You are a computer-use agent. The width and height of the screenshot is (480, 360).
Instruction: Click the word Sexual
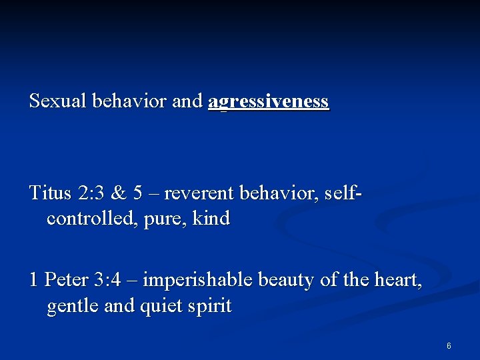[x=58, y=101]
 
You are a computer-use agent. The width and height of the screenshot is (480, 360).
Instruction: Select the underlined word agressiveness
[x=269, y=102]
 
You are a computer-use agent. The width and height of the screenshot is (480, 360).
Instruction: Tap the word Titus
[x=51, y=193]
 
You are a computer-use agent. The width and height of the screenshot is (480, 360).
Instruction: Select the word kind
[x=211, y=218]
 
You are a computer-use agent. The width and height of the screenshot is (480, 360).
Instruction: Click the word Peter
[x=64, y=280]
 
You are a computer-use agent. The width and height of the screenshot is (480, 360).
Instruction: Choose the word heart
[x=399, y=281]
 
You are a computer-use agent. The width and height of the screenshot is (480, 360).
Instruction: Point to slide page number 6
[x=449, y=346]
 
